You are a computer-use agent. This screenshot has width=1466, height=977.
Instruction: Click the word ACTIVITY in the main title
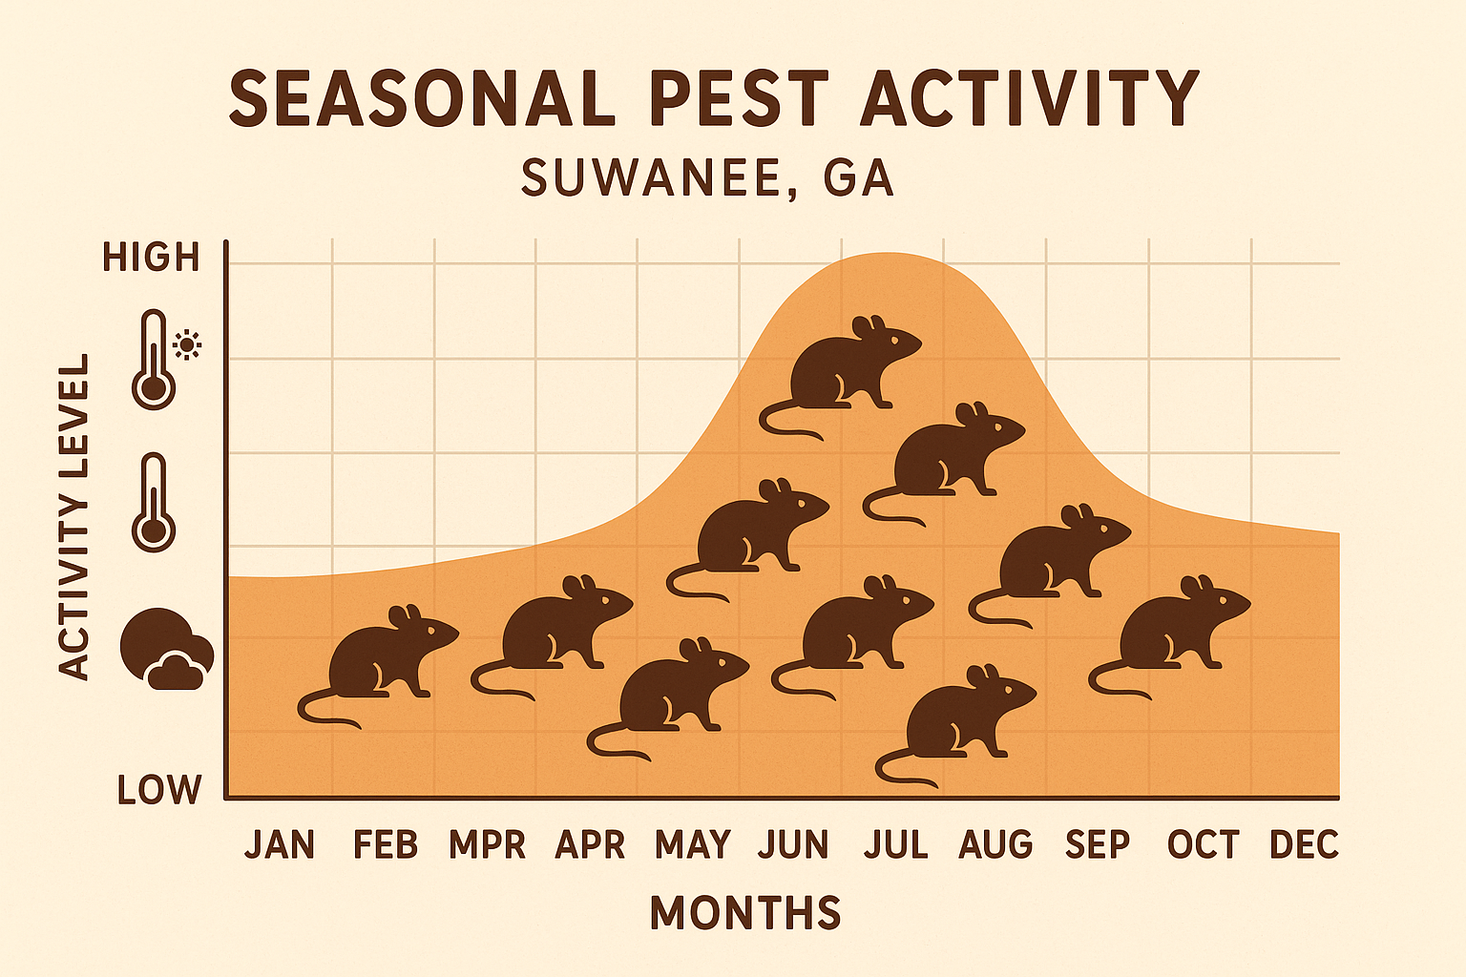click(1029, 98)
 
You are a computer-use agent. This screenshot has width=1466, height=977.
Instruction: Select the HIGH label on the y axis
click(151, 258)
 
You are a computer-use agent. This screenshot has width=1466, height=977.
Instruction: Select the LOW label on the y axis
click(159, 790)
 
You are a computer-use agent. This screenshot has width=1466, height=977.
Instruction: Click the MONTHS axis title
click(745, 913)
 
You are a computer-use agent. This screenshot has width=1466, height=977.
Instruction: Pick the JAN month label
click(280, 845)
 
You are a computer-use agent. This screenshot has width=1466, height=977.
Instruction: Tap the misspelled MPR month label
click(487, 845)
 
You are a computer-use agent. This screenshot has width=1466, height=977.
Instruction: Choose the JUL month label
click(896, 845)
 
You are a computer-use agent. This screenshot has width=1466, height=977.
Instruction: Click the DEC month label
click(1304, 845)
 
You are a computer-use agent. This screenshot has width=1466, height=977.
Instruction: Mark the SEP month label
click(1098, 845)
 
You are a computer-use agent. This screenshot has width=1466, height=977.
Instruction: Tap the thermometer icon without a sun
click(154, 503)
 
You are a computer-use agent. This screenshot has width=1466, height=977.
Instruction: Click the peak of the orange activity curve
click(888, 254)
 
